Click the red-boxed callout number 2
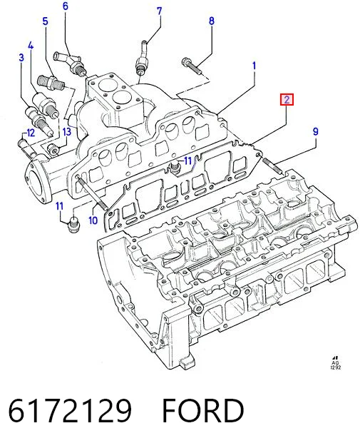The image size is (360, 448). [287, 100]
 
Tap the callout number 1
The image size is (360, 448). [254, 66]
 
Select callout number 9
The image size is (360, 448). [316, 132]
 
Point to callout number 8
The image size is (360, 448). [211, 21]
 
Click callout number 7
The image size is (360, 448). [159, 11]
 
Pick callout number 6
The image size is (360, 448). [66, 6]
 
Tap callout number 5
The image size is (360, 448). [46, 21]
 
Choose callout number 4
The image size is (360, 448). [31, 46]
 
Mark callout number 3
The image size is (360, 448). [21, 58]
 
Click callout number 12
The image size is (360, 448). [30, 133]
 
